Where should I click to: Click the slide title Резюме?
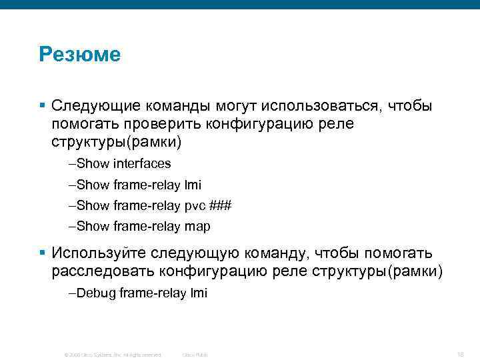click(x=79, y=54)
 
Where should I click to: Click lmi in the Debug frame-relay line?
click(x=199, y=293)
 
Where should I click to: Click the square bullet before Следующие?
click(x=42, y=105)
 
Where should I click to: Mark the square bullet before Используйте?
click(x=42, y=253)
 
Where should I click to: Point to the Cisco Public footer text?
click(x=195, y=355)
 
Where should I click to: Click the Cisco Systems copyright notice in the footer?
click(x=112, y=355)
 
